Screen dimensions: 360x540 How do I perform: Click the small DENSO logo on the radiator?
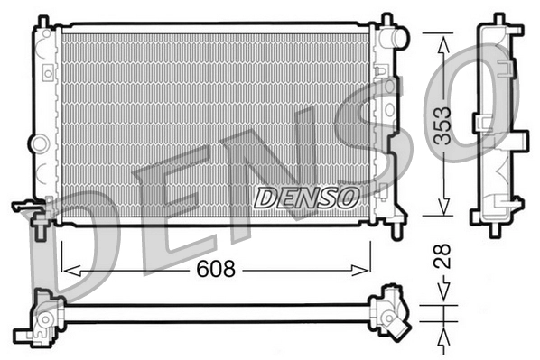tap(307, 195)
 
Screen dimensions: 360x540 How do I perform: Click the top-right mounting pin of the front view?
tap(386, 19)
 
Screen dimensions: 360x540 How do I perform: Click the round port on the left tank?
tap(38, 143)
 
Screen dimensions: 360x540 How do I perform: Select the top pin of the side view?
tap(497, 19)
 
